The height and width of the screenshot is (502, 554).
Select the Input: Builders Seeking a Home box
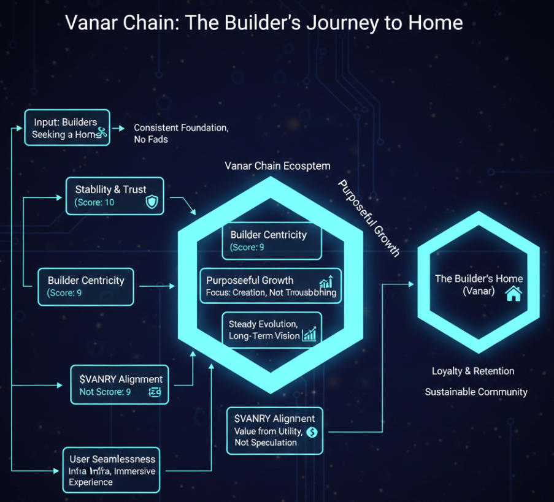click(x=67, y=127)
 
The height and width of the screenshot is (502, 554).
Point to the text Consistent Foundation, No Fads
click(x=181, y=133)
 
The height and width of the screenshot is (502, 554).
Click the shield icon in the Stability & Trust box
click(x=151, y=202)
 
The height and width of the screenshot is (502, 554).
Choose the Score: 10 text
click(x=94, y=202)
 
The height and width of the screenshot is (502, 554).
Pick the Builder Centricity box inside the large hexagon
click(x=272, y=241)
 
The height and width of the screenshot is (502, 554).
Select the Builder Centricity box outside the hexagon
click(x=85, y=286)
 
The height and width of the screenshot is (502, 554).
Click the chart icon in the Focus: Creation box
click(x=326, y=282)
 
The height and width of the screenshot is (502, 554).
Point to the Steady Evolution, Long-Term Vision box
click(x=272, y=330)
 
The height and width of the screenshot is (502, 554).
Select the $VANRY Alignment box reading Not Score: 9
click(x=120, y=385)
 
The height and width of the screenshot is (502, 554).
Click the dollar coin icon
click(x=311, y=432)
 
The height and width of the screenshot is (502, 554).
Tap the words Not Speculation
click(x=265, y=443)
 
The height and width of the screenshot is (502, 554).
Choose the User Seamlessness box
click(x=111, y=470)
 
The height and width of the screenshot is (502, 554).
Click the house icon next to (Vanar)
click(x=512, y=294)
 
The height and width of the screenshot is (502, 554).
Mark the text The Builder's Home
click(x=479, y=278)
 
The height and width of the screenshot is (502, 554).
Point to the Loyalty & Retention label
click(x=473, y=371)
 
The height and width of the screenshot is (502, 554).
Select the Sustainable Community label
click(x=476, y=392)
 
